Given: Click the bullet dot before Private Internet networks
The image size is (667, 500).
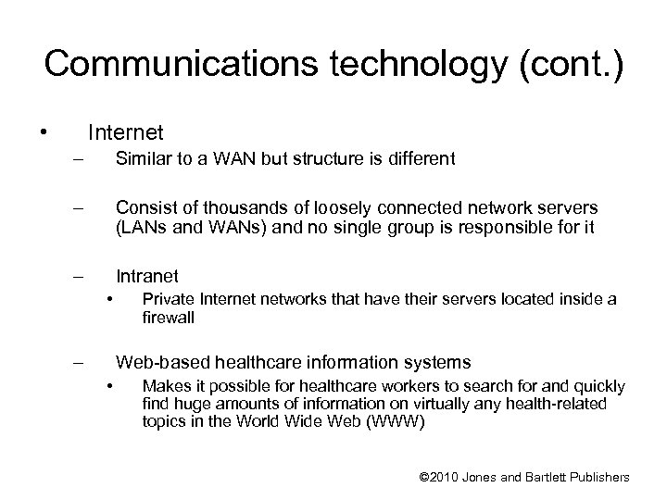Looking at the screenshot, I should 110,298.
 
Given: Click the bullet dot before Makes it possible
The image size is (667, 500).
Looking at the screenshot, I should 110,385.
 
